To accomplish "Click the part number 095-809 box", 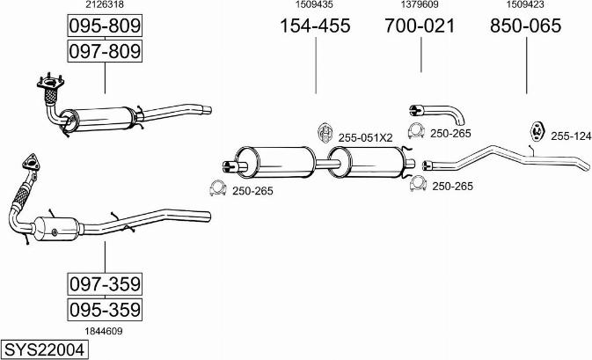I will coord(105,26).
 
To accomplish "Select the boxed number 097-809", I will coord(105,52).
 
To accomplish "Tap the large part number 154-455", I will coord(315,26).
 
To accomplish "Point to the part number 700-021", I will coord(420,26).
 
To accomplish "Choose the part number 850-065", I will coord(525,26).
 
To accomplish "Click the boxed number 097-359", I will coord(105,283).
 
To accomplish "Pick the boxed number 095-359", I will coord(105,310).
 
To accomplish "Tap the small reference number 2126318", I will coord(104,5).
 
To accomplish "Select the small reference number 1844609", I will coord(104,331).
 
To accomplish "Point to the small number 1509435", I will coord(315,5).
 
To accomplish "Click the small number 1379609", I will coord(420,5).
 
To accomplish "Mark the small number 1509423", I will coord(525,5).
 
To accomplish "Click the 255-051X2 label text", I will coord(365,138).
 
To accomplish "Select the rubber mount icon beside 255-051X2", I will coord(324,133).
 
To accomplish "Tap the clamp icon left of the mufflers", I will coord(216,188).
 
